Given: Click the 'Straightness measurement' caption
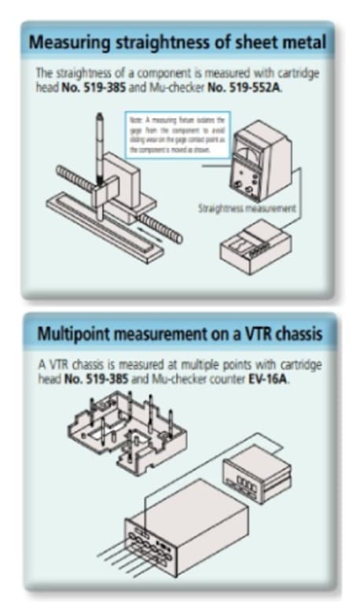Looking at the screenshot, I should pyautogui.click(x=247, y=209).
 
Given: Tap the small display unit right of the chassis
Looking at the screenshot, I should pyautogui.click(x=255, y=471).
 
